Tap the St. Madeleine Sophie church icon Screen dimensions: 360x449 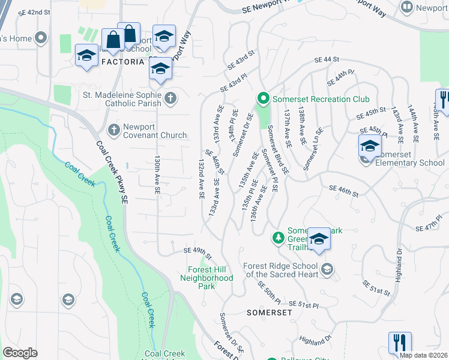point(170,98)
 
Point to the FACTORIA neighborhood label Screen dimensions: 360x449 point(123,62)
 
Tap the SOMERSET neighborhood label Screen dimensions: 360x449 point(269,313)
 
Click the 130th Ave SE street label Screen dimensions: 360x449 point(157,175)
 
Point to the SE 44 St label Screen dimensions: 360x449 point(327,59)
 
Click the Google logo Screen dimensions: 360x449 point(20,353)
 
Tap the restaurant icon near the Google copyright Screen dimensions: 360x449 point(400,343)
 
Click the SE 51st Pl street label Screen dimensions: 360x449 point(303,305)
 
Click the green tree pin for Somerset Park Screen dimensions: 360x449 point(278,237)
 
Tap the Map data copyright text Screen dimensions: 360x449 point(424,355)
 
